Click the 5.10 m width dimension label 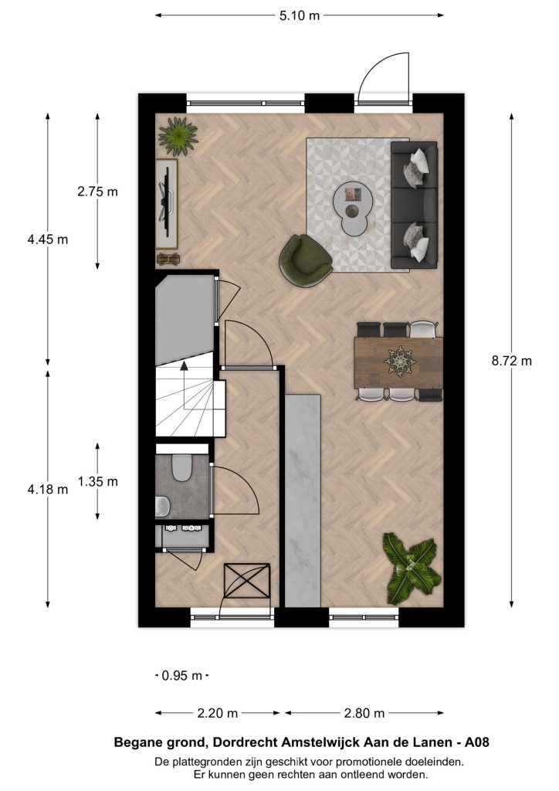[x=300, y=15]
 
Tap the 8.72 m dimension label [x=512, y=362]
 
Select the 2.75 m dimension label [x=97, y=192]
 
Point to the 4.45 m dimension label [x=47, y=239]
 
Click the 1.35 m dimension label [x=97, y=482]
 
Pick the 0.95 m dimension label [x=182, y=675]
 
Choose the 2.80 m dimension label [x=364, y=713]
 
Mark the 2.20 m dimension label [x=217, y=713]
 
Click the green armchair [x=304, y=261]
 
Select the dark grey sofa [x=415, y=205]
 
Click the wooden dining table [x=398, y=362]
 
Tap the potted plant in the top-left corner [x=178, y=136]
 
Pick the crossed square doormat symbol [x=246, y=581]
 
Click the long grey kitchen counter [x=303, y=501]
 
